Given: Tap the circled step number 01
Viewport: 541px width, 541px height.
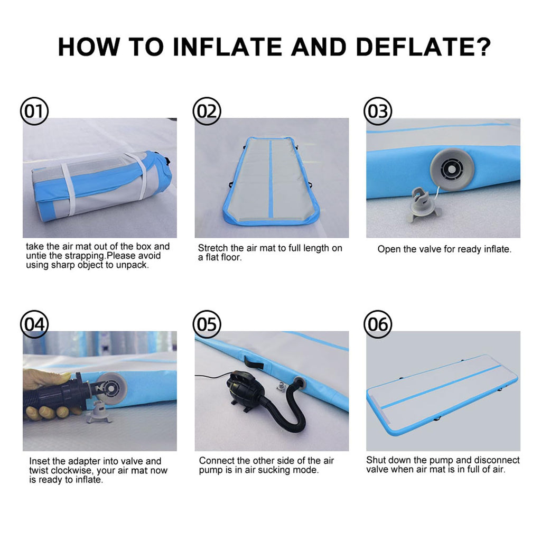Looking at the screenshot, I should [x=34, y=111].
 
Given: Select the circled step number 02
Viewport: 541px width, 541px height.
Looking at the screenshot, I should [x=207, y=111].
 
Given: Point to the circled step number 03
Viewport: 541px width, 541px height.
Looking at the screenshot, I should [x=378, y=111].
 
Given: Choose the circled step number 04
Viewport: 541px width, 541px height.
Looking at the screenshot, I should [x=34, y=324].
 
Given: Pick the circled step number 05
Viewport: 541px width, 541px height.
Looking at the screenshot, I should [x=207, y=324].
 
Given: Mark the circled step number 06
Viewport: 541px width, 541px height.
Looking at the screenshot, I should [x=378, y=324].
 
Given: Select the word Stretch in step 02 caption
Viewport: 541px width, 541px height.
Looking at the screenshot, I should [x=214, y=248].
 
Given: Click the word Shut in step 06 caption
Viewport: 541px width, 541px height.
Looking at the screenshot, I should [x=377, y=460].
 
